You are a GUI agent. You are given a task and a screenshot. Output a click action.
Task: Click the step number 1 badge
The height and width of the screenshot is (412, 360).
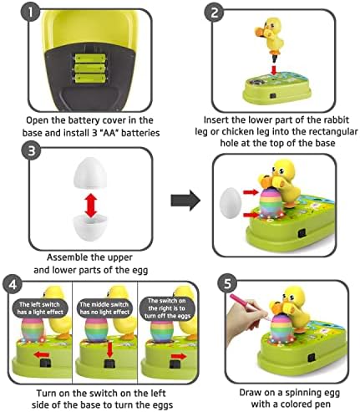(x=31, y=12)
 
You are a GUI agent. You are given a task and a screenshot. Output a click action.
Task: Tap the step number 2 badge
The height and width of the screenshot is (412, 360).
(x=214, y=13)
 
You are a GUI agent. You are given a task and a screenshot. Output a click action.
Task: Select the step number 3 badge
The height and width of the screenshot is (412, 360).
(x=31, y=151)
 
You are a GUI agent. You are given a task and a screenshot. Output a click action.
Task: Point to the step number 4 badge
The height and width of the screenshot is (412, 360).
(x=13, y=284)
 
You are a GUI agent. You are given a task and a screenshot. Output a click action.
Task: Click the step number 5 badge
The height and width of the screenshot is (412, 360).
(x=227, y=284)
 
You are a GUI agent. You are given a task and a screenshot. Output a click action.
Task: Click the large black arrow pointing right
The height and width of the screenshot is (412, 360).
(x=185, y=201)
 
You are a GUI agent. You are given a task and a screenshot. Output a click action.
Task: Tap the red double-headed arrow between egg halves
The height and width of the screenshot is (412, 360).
(x=90, y=206)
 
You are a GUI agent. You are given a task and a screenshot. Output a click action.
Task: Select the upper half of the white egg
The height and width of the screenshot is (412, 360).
(x=89, y=173)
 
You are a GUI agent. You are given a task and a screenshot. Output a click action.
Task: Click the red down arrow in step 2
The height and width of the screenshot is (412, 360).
(x=274, y=69)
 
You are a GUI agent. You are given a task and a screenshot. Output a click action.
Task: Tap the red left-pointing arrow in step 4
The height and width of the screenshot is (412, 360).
(x=42, y=354)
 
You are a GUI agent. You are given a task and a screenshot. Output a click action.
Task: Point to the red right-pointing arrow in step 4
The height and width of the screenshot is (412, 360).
(x=178, y=356)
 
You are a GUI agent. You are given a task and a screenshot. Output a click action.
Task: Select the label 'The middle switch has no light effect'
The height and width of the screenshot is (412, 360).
(x=104, y=308)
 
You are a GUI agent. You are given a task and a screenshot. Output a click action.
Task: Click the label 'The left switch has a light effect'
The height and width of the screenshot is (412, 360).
(x=40, y=308)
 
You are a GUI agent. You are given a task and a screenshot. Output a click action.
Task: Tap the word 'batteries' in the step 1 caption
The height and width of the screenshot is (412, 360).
(x=140, y=133)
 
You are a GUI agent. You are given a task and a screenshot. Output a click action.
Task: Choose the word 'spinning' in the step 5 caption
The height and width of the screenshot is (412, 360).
(x=298, y=393)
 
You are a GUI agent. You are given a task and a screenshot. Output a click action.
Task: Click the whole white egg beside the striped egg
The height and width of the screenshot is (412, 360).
(x=231, y=203)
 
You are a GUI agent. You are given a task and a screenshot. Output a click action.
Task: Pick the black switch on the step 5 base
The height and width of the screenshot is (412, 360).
(x=311, y=358)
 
